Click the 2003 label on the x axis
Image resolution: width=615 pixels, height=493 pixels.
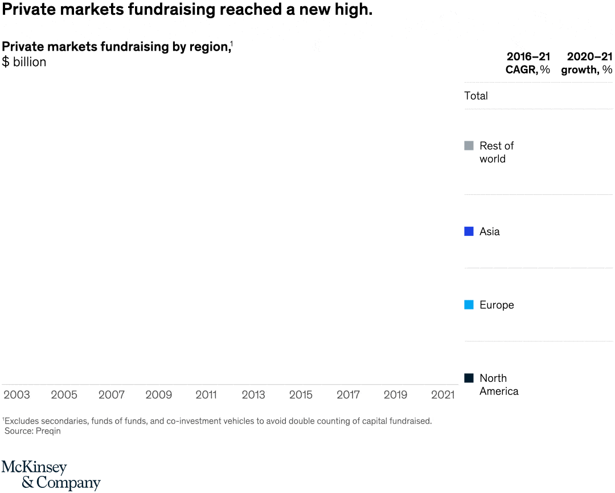(x=17, y=395)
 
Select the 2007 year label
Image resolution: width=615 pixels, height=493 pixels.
(x=111, y=395)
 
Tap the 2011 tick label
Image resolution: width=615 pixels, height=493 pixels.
(x=206, y=395)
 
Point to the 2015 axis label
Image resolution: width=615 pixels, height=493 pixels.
(x=301, y=395)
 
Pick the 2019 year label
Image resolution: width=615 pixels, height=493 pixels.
(x=395, y=395)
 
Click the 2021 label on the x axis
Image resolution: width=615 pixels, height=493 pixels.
(x=442, y=395)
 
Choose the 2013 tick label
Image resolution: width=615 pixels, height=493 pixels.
(x=253, y=395)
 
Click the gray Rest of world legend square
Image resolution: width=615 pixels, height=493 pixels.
(x=469, y=146)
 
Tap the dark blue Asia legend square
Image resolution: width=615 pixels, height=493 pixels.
(x=469, y=231)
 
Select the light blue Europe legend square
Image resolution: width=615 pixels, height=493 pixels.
(x=469, y=305)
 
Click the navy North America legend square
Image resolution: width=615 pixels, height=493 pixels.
(x=469, y=378)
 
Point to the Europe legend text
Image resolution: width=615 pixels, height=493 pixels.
(x=497, y=305)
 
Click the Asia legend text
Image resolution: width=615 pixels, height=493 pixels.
(x=490, y=231)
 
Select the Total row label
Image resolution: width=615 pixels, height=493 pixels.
(x=476, y=96)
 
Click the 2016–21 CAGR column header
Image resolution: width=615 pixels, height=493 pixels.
(x=528, y=63)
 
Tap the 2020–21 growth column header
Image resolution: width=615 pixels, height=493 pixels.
(x=587, y=63)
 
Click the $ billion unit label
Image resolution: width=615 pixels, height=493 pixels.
(x=24, y=62)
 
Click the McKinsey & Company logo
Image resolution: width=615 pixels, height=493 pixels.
(x=51, y=475)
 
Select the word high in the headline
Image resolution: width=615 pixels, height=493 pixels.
(x=353, y=10)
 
